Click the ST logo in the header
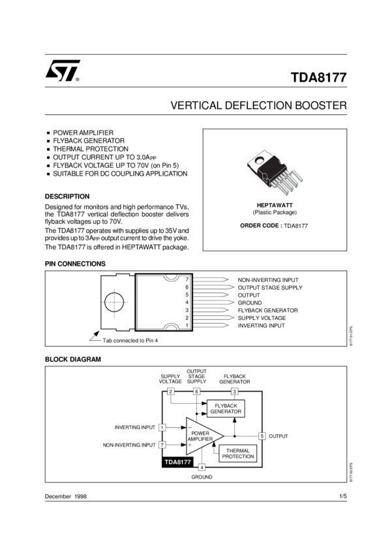[62, 71]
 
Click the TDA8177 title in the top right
[318, 78]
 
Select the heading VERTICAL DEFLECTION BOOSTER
[258, 105]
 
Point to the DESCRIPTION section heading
[67, 196]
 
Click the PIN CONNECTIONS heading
[75, 264]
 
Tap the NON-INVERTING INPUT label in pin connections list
[268, 279]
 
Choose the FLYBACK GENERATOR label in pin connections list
[267, 310]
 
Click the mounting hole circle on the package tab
[113, 302]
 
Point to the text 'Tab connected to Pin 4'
[130, 340]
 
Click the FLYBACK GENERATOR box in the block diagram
[226, 409]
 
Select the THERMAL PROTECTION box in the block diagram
[238, 453]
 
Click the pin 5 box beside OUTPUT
[262, 436]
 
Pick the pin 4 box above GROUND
[202, 467]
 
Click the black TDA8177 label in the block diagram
[177, 462]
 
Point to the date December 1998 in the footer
[66, 497]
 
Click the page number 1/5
[343, 497]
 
